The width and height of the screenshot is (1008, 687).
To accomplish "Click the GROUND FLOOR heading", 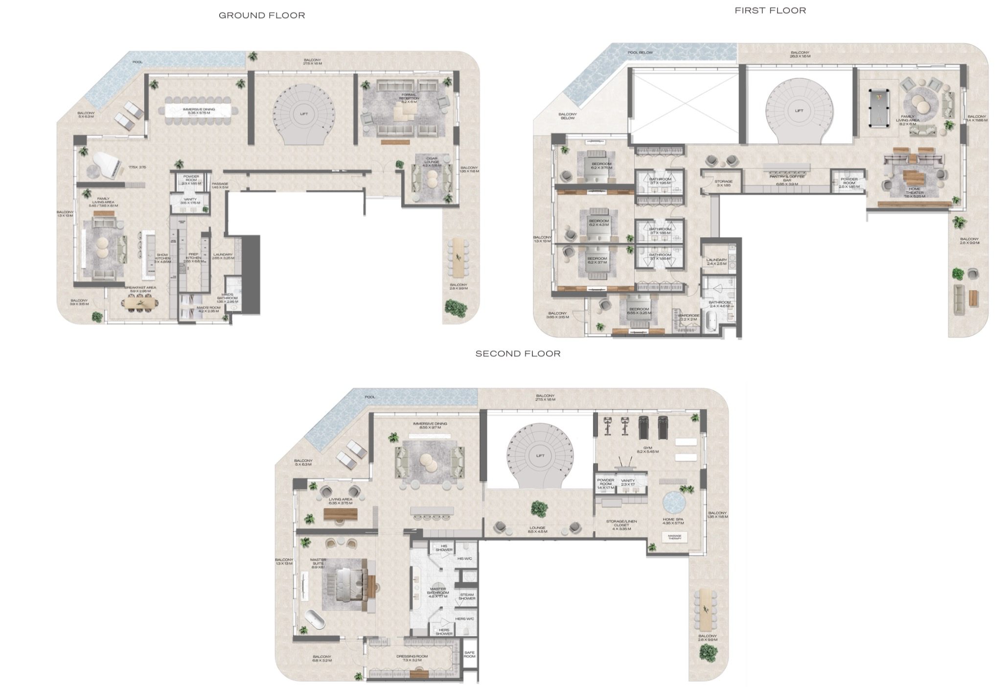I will click(x=262, y=16).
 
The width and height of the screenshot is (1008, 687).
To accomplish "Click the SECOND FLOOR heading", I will click(x=518, y=354).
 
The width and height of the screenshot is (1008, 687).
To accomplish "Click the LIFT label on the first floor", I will click(x=799, y=111).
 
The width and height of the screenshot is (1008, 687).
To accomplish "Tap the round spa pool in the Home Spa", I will click(x=674, y=502).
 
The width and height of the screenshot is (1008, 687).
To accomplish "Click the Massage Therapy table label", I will click(x=674, y=537).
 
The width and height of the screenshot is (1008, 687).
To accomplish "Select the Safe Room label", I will click(x=469, y=654).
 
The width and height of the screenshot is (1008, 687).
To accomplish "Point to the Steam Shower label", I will click(x=467, y=596).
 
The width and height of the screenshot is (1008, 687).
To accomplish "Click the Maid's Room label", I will click(x=208, y=309).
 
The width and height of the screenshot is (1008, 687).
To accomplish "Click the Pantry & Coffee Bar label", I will click(x=787, y=181).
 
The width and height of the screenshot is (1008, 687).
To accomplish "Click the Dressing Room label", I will click(x=412, y=658).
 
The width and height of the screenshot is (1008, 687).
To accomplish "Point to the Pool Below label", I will click(x=640, y=52).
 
